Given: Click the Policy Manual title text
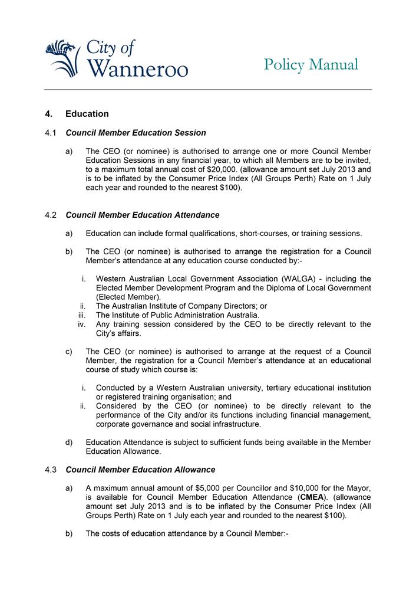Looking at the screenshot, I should pos(311,64).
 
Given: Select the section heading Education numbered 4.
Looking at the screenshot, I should pos(87,113).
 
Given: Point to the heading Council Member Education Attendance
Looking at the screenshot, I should pos(143,215).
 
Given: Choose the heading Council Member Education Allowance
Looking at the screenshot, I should pos(140,470).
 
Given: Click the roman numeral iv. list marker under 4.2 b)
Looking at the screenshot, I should pos(82,324).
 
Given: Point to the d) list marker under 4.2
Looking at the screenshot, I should pos(70,443).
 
